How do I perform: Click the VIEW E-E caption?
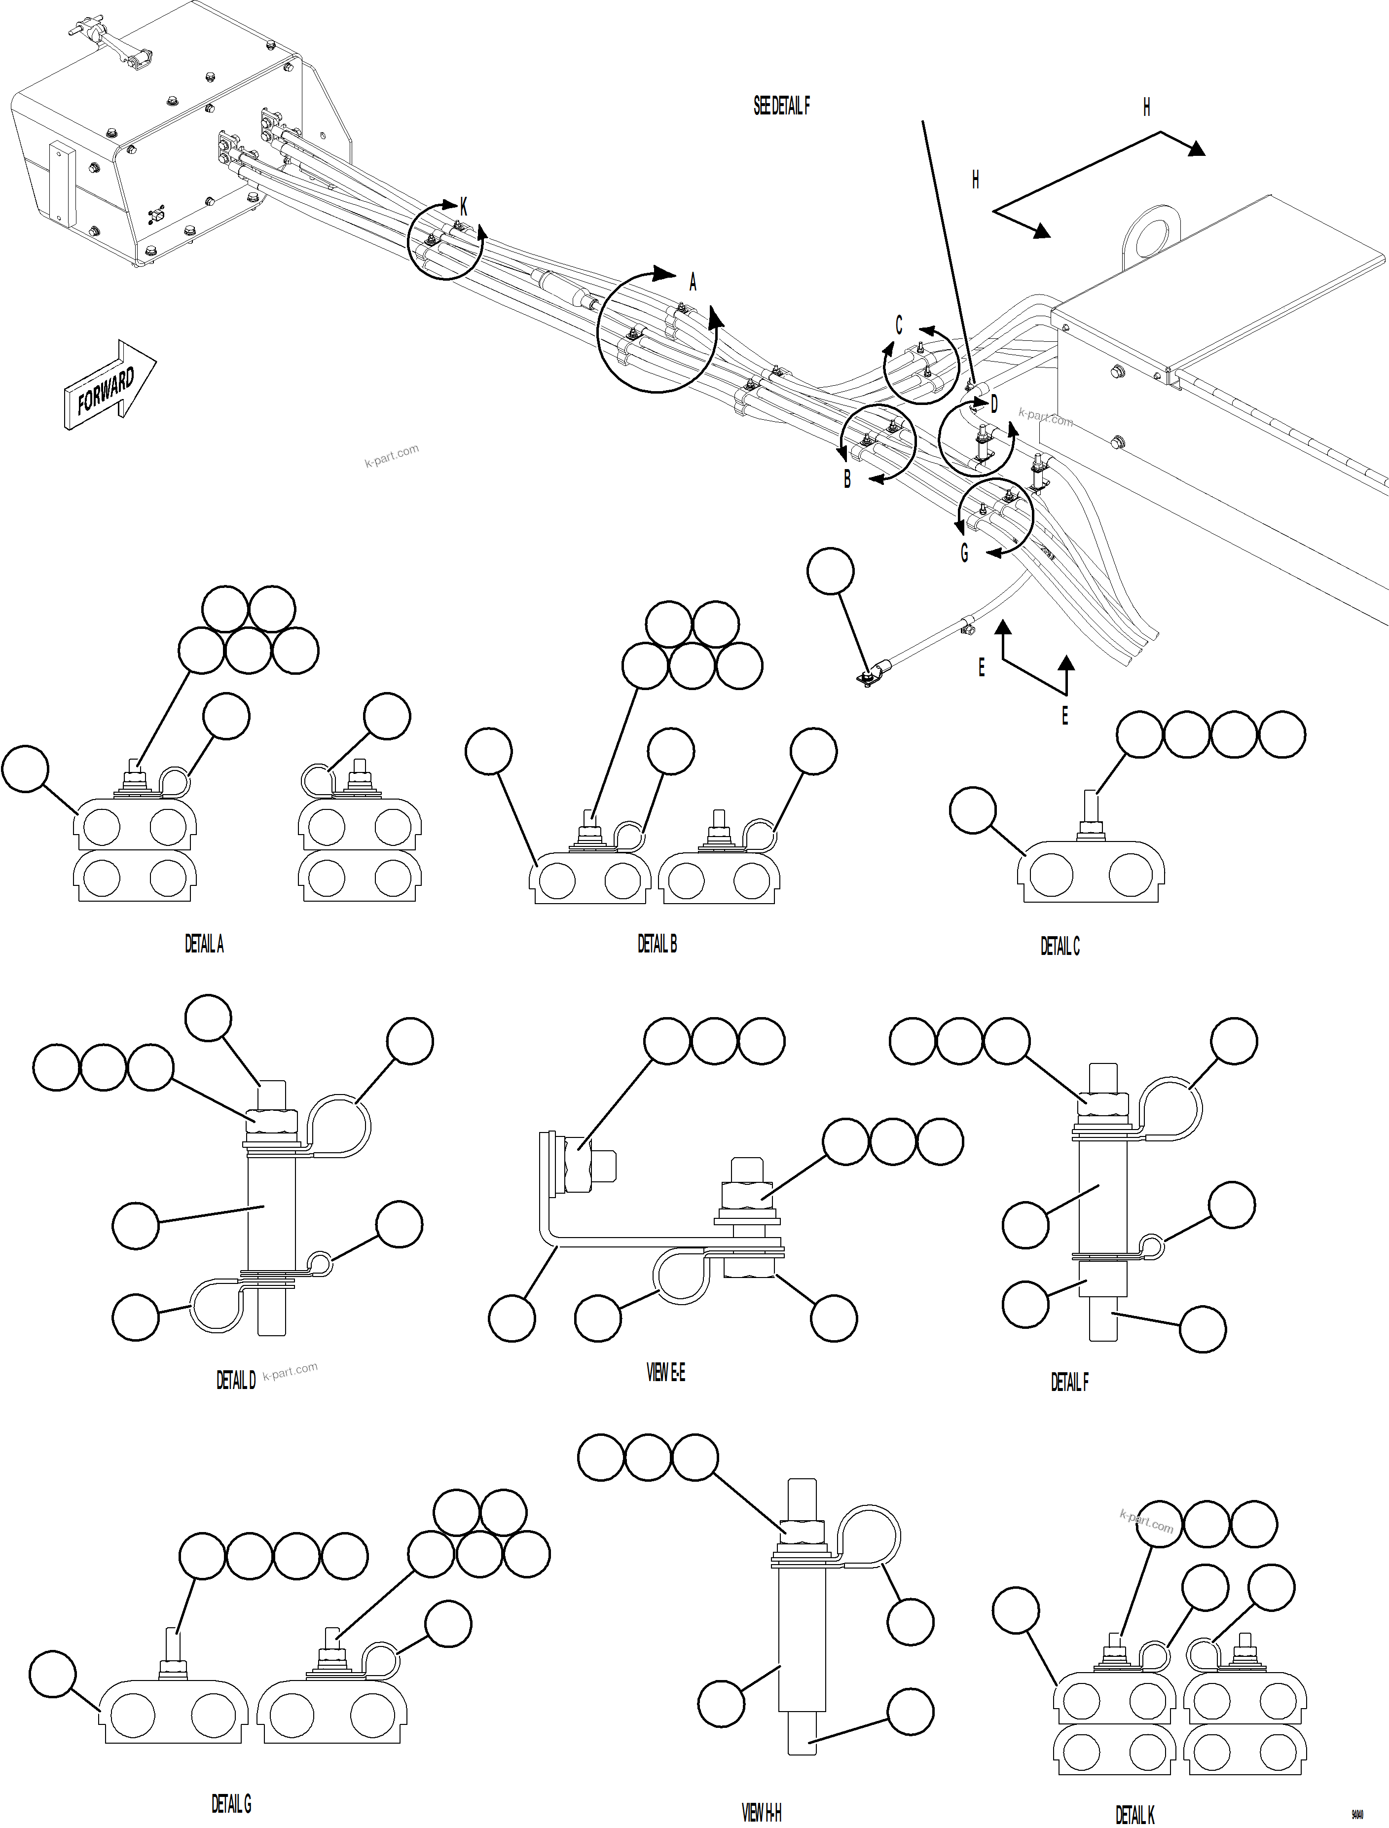(x=665, y=1372)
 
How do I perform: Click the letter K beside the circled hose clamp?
(x=463, y=208)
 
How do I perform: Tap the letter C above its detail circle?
(x=899, y=325)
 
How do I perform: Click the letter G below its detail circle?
(x=964, y=553)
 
